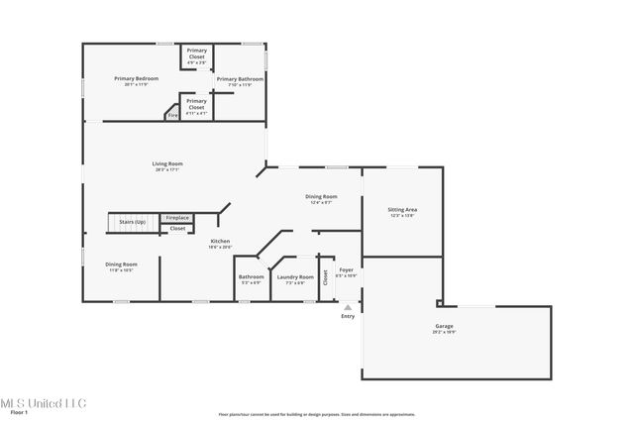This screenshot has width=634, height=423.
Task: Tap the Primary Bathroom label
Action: pos(240,78)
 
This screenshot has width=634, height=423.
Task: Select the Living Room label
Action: pos(167,163)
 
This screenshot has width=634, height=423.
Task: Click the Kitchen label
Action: pos(220,241)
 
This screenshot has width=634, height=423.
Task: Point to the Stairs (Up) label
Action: pos(133,222)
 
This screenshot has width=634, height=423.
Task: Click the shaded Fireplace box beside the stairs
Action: pos(177,217)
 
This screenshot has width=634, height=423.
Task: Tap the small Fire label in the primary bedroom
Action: pos(171,115)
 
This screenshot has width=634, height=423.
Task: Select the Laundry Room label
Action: pos(295,276)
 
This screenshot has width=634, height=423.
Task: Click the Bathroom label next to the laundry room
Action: pos(251,276)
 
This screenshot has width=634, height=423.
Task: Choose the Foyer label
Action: pos(347,269)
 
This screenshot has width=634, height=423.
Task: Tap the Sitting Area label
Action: pos(402,209)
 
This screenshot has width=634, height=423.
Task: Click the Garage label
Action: pos(444,325)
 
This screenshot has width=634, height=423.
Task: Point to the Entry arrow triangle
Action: pos(347,307)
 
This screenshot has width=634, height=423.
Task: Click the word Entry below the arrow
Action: pos(347,316)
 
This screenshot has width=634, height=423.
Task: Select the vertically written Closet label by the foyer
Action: pos(324,277)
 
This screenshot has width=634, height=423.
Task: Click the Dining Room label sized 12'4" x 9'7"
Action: pos(320,196)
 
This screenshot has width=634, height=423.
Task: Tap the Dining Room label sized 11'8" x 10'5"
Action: pos(122,264)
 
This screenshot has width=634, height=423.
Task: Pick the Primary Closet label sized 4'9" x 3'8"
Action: pos(197,53)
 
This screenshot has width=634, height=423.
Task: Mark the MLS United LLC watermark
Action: pos(44,402)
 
